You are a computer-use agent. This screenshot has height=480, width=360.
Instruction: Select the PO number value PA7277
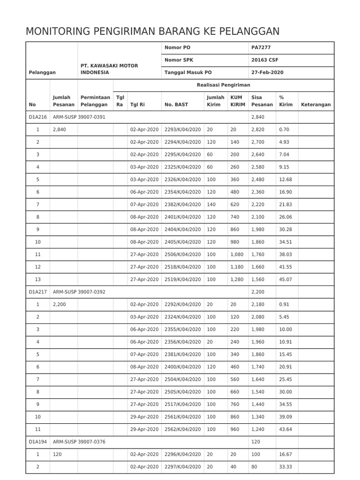(261, 48)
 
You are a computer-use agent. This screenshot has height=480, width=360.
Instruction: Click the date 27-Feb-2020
(267, 73)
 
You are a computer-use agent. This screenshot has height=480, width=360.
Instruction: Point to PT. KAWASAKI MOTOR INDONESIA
(109, 69)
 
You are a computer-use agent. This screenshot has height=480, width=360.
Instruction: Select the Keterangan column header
(315, 105)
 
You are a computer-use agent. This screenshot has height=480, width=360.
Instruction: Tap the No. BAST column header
(176, 105)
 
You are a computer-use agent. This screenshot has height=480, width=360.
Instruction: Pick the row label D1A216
(37, 117)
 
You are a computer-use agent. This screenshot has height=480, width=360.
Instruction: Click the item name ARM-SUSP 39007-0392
(79, 292)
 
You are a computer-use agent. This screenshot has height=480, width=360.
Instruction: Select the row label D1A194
(37, 442)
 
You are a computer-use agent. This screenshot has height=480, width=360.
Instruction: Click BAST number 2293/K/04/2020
(183, 129)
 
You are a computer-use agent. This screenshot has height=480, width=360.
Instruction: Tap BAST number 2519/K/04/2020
(183, 279)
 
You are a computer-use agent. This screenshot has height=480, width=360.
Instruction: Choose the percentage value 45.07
(285, 279)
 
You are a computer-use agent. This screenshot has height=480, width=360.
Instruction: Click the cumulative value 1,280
(238, 279)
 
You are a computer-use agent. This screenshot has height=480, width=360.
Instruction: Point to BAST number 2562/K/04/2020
(183, 429)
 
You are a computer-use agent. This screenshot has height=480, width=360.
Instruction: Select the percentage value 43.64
(285, 429)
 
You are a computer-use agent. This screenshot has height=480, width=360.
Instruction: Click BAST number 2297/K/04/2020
(183, 466)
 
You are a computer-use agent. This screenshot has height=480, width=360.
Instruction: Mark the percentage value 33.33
(285, 466)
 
